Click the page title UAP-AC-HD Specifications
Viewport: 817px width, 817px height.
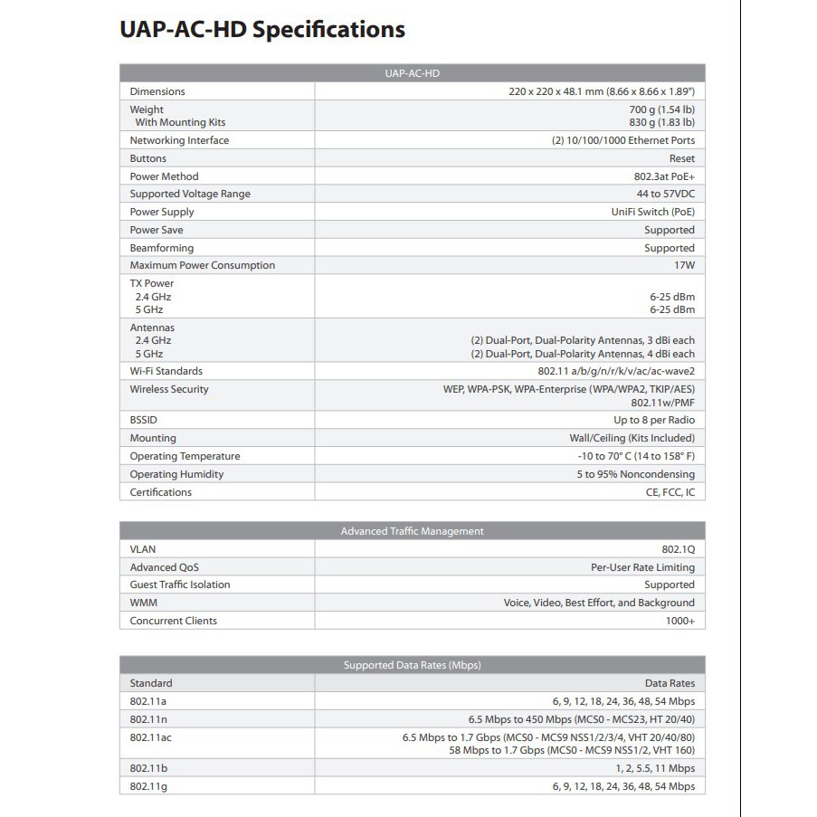[261, 30]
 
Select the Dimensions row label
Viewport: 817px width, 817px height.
[157, 91]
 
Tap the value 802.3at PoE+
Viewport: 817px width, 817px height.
[664, 176]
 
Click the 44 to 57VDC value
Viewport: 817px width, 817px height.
[665, 194]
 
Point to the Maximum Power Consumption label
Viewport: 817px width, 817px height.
[202, 265]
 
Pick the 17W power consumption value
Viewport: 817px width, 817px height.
[685, 265]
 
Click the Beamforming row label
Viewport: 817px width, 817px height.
[161, 248]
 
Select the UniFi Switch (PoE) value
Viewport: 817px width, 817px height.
[653, 212]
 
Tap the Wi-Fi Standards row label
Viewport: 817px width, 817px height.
[166, 371]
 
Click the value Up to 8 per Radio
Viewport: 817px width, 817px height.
[654, 420]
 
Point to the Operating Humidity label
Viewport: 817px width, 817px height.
[176, 474]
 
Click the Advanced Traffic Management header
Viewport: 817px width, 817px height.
[412, 531]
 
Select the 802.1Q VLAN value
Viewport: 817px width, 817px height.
[678, 549]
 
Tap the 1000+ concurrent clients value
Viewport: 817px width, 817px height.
[680, 621]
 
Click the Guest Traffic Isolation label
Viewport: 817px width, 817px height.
[179, 584]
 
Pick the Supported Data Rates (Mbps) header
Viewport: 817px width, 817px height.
[412, 665]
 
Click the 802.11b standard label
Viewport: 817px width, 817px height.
[148, 768]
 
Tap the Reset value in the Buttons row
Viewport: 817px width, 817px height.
[681, 158]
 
